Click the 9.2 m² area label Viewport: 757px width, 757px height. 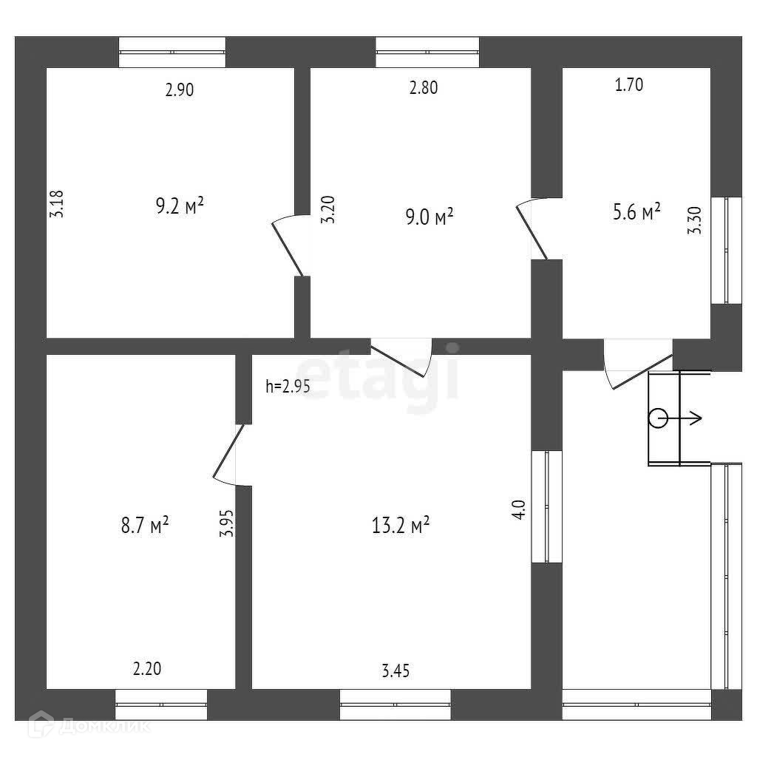[179, 206]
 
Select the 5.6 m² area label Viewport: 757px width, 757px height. [636, 213]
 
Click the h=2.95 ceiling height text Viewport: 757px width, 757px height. [288, 386]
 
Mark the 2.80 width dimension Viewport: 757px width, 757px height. [424, 88]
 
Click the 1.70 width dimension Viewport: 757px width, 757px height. [629, 85]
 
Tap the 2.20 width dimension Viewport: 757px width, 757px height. [147, 669]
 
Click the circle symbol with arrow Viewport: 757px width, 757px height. [658, 419]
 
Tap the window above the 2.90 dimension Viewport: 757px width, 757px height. [172, 52]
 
